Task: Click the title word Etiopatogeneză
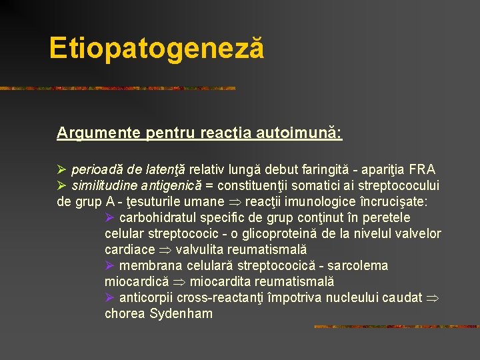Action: (156, 49)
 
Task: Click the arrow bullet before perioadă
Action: (62, 169)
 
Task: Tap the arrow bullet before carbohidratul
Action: (110, 217)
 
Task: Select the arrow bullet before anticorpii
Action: (110, 297)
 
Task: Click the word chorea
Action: (125, 313)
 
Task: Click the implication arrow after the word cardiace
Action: (163, 250)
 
